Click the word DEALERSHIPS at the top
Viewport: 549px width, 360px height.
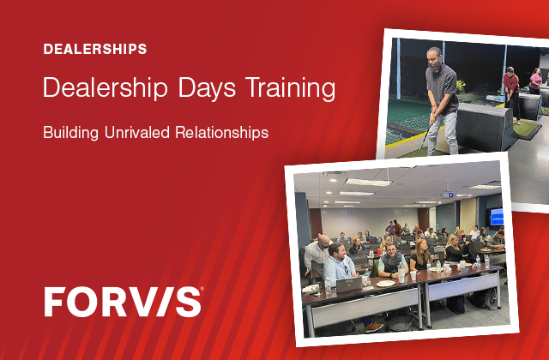tap(94, 49)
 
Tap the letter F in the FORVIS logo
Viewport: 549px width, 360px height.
tap(56, 302)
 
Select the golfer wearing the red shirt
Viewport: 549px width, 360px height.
tap(510, 90)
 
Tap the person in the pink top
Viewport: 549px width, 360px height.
tap(536, 81)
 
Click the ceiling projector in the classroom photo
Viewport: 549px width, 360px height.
tap(449, 195)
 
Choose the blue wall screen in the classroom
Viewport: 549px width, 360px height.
tap(496, 217)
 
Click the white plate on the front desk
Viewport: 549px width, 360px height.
tap(385, 284)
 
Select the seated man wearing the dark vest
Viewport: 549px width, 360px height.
tap(393, 261)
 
